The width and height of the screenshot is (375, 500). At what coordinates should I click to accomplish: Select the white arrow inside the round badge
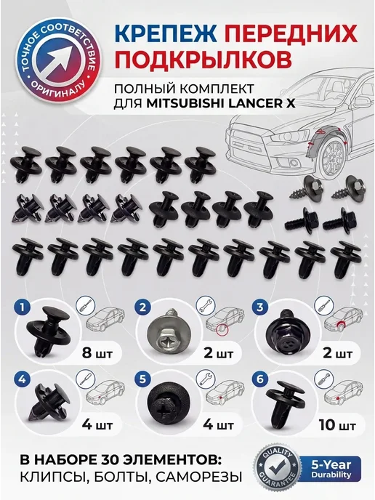[x=59, y=60]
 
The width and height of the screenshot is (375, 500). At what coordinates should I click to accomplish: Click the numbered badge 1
[x=22, y=307]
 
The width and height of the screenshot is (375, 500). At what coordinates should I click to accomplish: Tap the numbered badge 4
[x=22, y=379]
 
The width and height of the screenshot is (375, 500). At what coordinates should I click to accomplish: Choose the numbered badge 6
[x=259, y=379]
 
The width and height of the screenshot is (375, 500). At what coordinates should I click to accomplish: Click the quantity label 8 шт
[x=97, y=354]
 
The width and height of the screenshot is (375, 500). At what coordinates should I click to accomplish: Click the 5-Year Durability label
[x=331, y=469]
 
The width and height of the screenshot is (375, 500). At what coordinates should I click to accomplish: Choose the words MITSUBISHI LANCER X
[x=221, y=104]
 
